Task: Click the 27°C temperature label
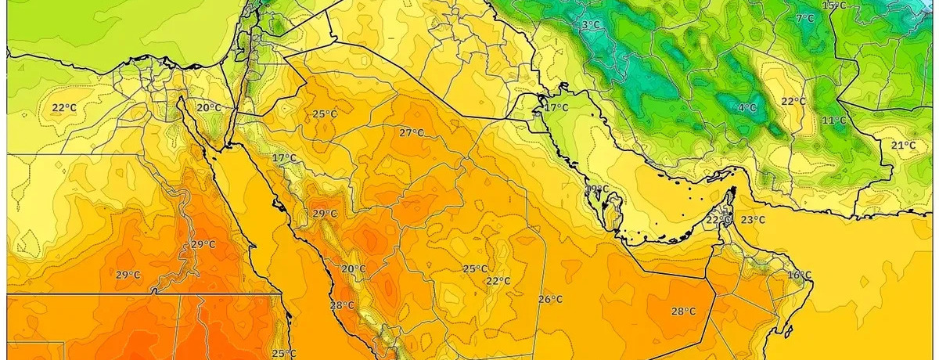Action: click(x=412, y=133)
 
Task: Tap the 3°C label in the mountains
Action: click(x=591, y=25)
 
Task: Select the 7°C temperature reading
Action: click(x=804, y=19)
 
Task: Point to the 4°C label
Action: click(x=747, y=107)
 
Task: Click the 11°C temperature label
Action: click(x=834, y=121)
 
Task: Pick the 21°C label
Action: click(x=904, y=145)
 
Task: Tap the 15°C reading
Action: click(x=835, y=5)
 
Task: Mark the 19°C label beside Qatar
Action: click(x=597, y=189)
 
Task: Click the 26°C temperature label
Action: click(x=550, y=299)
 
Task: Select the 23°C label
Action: click(x=753, y=220)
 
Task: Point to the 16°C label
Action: click(x=799, y=275)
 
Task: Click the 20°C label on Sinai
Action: click(x=208, y=108)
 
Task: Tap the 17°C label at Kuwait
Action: click(x=556, y=107)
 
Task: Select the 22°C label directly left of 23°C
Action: click(x=718, y=220)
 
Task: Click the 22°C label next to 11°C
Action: click(x=793, y=102)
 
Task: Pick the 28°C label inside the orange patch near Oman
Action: click(x=683, y=311)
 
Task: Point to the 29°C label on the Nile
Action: click(x=203, y=244)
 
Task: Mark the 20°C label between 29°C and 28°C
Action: click(x=353, y=268)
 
